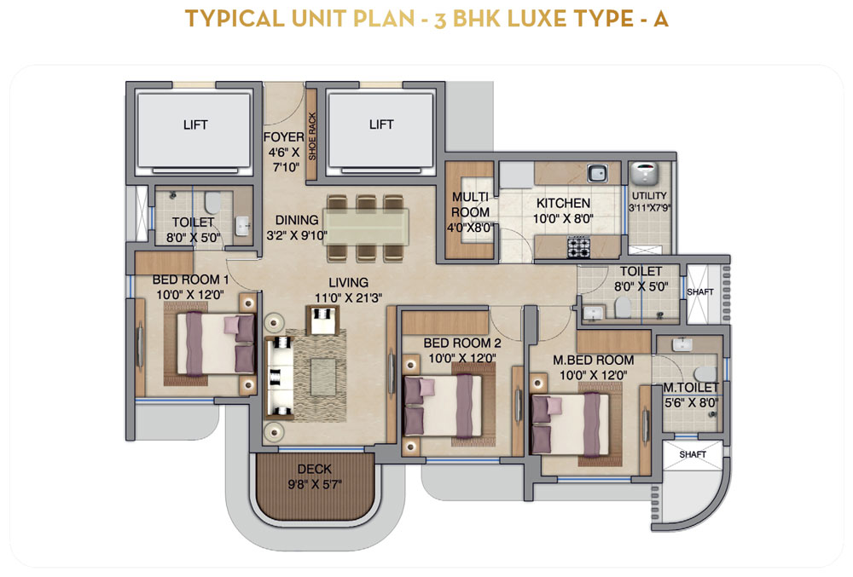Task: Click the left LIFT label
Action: [195, 125]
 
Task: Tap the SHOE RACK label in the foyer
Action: [312, 136]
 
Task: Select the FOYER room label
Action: [283, 137]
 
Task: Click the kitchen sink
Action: [597, 173]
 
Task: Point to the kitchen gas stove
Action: [579, 247]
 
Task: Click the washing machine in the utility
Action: [644, 174]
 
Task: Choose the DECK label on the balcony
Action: [315, 469]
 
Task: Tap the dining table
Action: [366, 227]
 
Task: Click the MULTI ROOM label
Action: [471, 205]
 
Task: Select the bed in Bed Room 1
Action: [216, 343]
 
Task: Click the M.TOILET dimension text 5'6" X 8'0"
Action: [692, 403]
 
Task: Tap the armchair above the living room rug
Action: [323, 320]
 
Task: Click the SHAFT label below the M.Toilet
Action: [693, 454]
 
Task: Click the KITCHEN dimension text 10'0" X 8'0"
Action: [563, 218]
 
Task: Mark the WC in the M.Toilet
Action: [705, 374]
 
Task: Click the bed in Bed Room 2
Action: [443, 406]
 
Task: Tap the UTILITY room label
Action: [649, 195]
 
